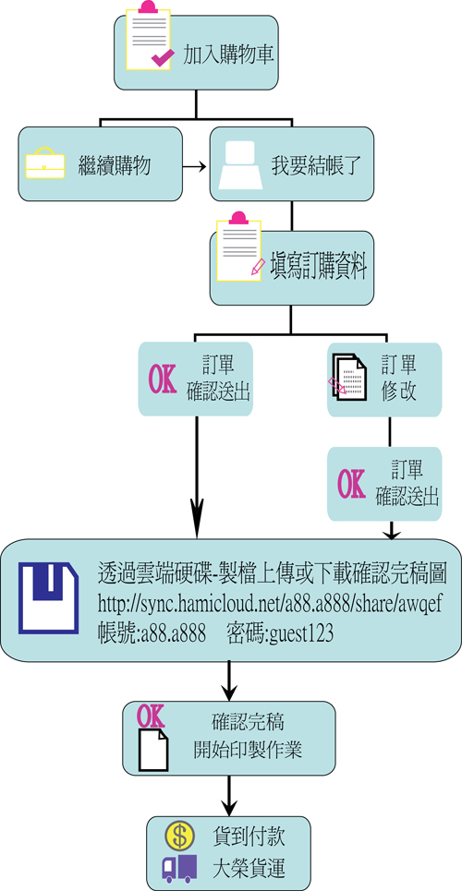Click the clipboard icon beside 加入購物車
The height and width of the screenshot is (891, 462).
click(147, 36)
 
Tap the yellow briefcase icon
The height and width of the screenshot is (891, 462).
click(45, 163)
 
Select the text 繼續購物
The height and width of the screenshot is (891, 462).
click(115, 166)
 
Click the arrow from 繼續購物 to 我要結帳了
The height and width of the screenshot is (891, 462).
click(193, 166)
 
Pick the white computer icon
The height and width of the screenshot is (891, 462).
click(240, 164)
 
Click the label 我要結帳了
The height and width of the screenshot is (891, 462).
click(315, 167)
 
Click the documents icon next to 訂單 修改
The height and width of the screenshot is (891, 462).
click(347, 378)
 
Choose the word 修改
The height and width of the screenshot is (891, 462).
click(398, 391)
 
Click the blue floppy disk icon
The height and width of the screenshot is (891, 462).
click(48, 597)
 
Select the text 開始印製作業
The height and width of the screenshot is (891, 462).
click(248, 751)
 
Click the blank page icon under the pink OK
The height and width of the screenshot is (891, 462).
click(153, 750)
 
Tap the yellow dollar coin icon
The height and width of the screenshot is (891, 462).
click(180, 836)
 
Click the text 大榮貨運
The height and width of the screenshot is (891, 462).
click(249, 868)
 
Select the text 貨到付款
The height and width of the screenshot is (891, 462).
click(249, 836)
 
